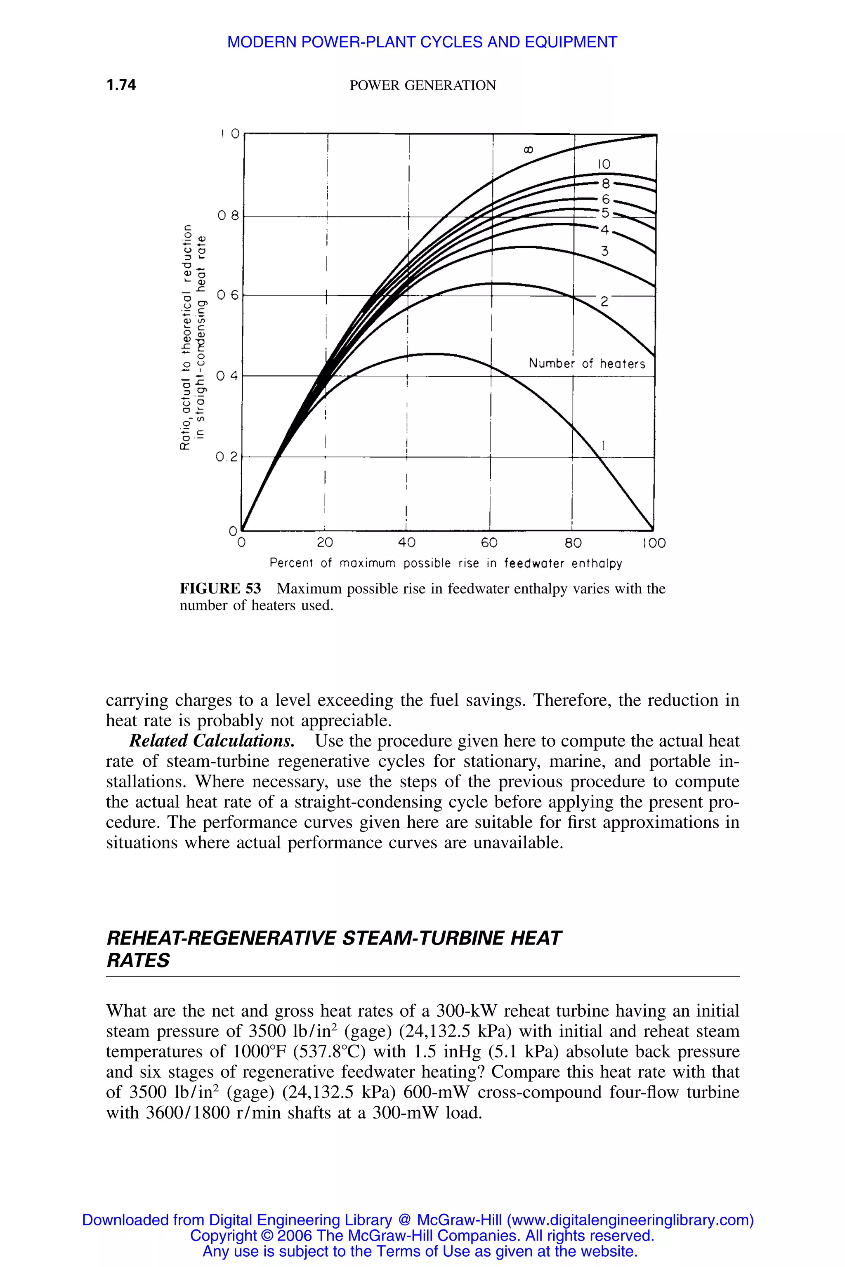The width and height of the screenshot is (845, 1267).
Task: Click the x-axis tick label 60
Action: (x=489, y=542)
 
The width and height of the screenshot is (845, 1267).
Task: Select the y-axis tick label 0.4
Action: (x=227, y=376)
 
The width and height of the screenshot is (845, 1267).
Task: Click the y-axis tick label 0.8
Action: (x=227, y=217)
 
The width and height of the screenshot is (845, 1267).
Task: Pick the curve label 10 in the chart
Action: (x=604, y=164)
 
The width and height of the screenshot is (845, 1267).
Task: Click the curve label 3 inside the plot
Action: (x=604, y=251)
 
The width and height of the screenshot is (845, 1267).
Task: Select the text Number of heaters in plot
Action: (x=586, y=364)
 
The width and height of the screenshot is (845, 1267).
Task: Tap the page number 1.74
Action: (x=121, y=85)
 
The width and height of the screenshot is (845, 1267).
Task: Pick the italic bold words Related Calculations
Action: (x=212, y=741)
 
